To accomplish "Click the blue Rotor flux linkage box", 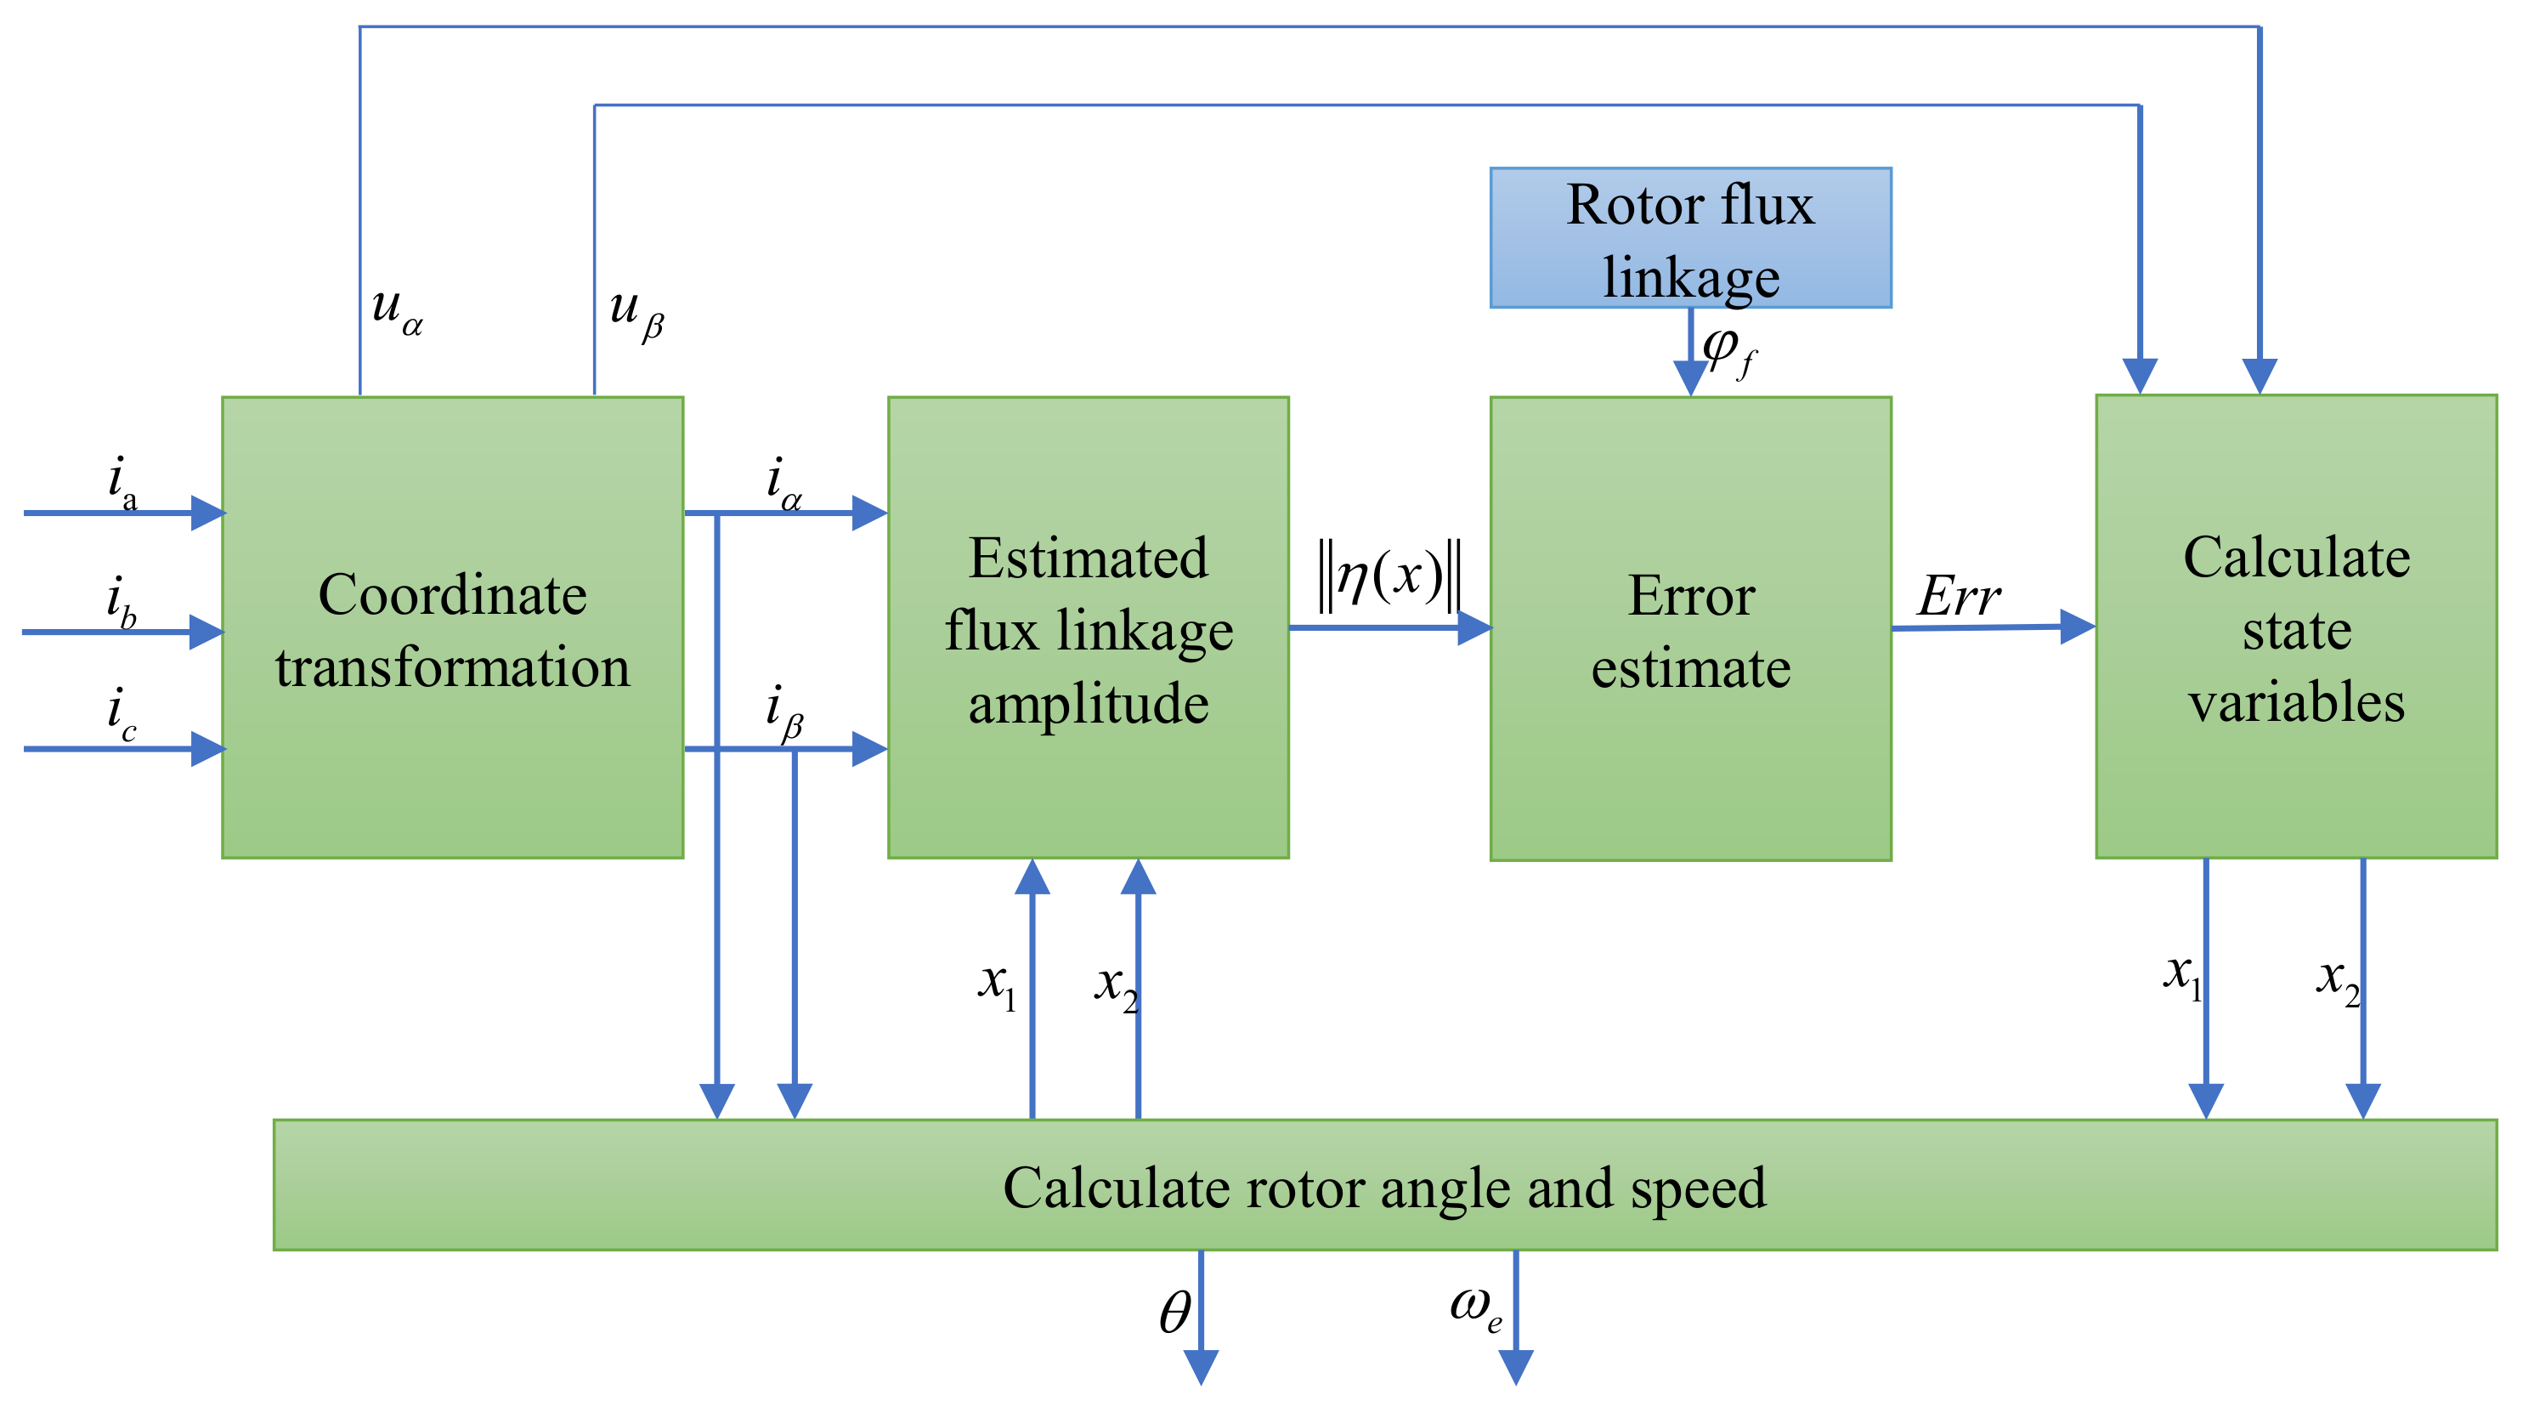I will pos(1690,238).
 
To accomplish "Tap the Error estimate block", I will pos(1690,630).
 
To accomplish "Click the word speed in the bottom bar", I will pos(1698,1188).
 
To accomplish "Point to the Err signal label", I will pos(1958,595).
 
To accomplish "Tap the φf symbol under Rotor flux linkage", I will pos(1728,351).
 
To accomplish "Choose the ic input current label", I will pos(121,714).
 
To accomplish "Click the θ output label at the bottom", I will pos(1174,1313).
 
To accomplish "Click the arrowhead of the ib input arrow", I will pos(206,632).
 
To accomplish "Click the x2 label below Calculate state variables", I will pos(2337,980).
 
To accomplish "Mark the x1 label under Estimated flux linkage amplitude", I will pos(997,984).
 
